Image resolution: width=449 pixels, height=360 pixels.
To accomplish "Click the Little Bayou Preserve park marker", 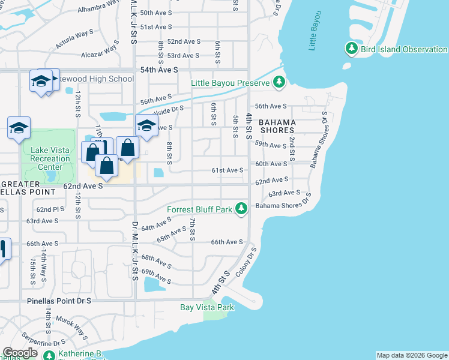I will click(279, 83).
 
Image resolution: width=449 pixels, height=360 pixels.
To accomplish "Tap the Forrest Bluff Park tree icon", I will click(241, 209).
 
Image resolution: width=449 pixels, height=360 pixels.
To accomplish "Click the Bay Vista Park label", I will click(207, 307).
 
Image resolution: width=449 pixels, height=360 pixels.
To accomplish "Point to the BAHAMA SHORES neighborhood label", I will click(277, 125).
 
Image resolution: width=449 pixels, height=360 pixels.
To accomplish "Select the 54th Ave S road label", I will click(159, 70).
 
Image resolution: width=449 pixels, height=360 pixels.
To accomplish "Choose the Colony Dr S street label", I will click(247, 262).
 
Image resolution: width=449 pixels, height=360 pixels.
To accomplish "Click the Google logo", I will click(20, 353).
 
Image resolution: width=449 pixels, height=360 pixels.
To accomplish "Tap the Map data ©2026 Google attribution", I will click(411, 355).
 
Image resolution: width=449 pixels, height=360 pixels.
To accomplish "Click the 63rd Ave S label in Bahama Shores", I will click(284, 193).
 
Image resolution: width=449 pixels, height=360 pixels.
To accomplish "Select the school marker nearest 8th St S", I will click(145, 126).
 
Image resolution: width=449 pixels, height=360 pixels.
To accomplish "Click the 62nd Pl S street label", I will click(50, 209).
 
